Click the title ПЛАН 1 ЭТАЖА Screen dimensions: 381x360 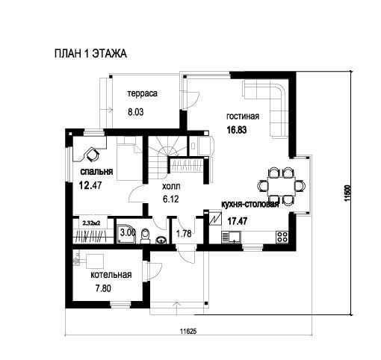point(90,54)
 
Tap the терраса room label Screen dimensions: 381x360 point(143,94)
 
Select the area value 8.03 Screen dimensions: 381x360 point(136,112)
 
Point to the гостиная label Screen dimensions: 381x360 point(243,117)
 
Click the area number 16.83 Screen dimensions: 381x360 point(237,130)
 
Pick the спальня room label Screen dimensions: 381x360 point(96,172)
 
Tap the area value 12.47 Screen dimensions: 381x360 point(90,185)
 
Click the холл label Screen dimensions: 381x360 point(171,186)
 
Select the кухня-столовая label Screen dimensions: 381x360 point(250,204)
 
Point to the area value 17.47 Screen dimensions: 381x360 point(238,221)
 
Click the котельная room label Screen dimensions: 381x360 point(111,275)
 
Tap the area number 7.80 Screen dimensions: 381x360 point(103,288)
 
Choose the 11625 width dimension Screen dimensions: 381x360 point(188,331)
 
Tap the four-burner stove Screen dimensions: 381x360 point(282,238)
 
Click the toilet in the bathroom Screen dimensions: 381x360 point(145,236)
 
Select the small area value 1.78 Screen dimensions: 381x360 point(184,234)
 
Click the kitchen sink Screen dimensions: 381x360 point(231,237)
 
